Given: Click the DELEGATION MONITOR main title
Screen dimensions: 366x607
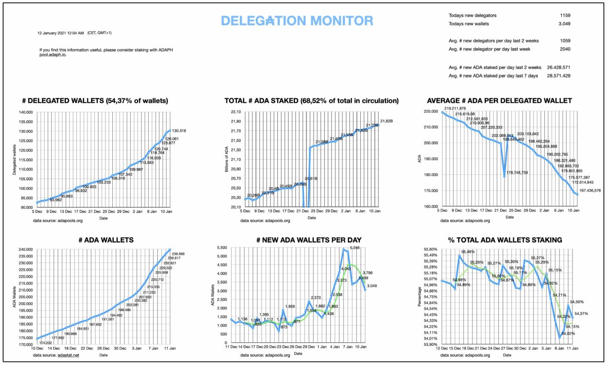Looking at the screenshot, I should click(297, 21).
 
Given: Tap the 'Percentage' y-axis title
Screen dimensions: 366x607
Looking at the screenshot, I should click(419, 297).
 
